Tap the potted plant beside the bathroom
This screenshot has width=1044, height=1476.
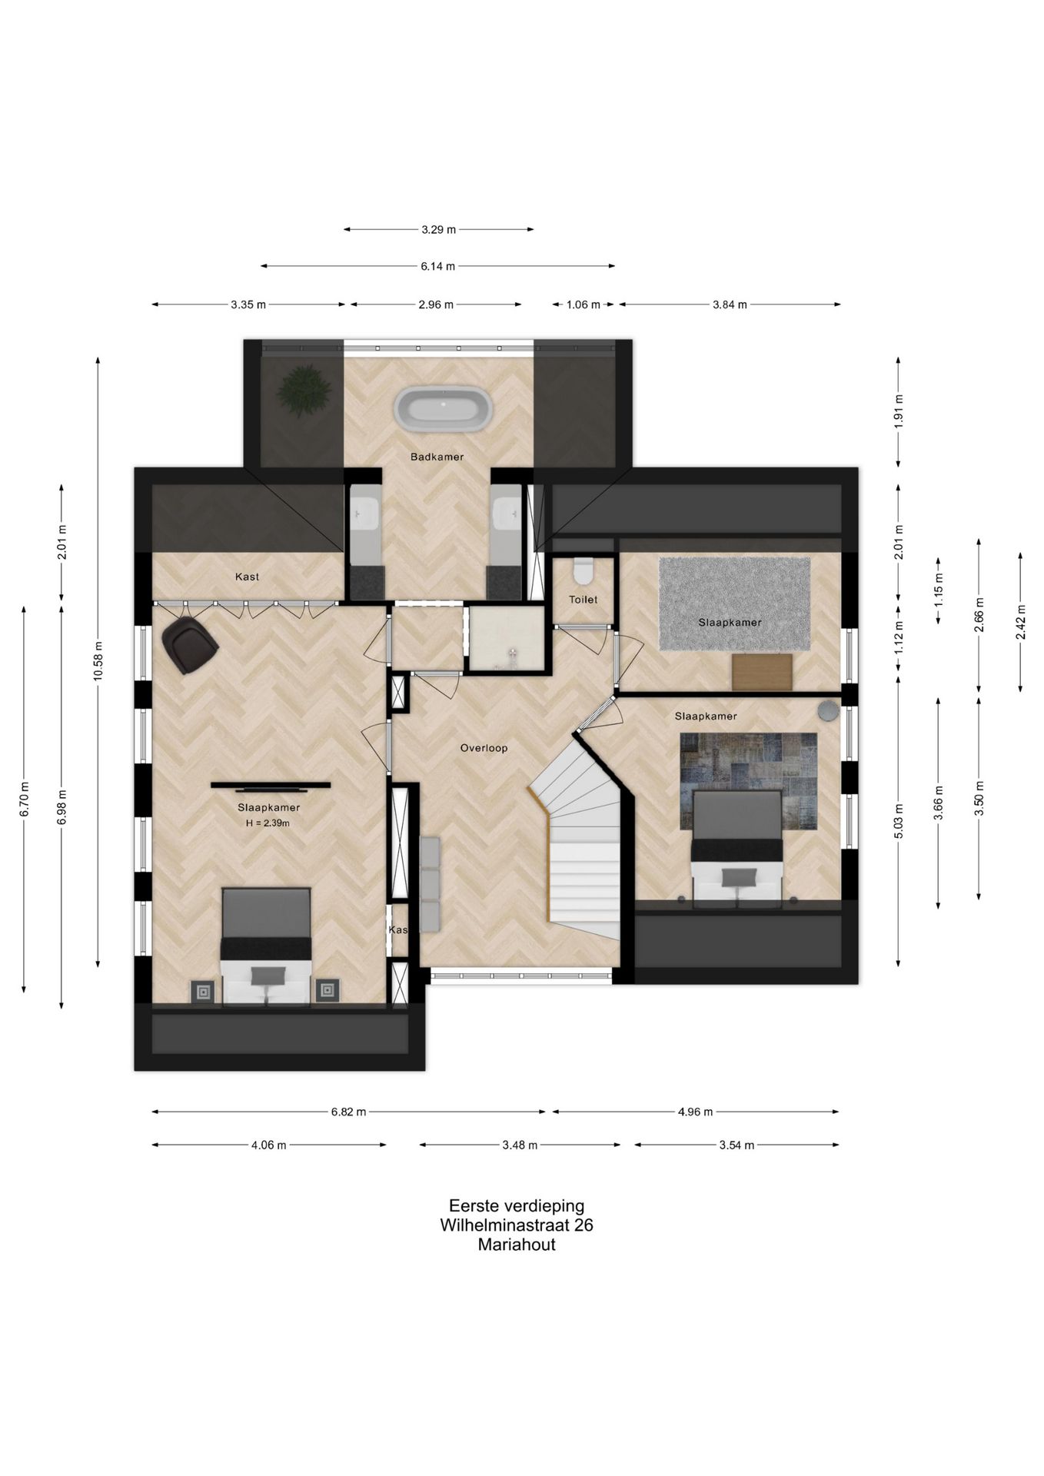point(305,390)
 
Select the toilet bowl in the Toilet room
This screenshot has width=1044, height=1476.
point(583,571)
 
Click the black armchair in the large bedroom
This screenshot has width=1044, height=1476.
point(189,645)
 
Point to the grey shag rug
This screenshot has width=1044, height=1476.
point(734,603)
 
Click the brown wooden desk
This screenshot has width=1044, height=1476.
point(762,672)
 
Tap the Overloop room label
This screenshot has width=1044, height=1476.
point(484,748)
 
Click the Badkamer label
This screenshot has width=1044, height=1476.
point(437,457)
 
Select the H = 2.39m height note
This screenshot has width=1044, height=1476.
point(268,823)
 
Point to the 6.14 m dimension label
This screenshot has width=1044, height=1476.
point(437,266)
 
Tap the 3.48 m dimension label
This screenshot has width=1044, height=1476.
point(520,1145)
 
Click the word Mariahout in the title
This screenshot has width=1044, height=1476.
point(517,1245)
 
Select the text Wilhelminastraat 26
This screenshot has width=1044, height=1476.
point(517,1225)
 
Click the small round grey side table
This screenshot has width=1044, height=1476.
point(828,710)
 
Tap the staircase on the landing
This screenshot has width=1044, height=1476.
point(583,838)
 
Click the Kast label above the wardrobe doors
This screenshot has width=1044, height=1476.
point(248,577)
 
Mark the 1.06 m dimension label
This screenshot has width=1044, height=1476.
point(583,304)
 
